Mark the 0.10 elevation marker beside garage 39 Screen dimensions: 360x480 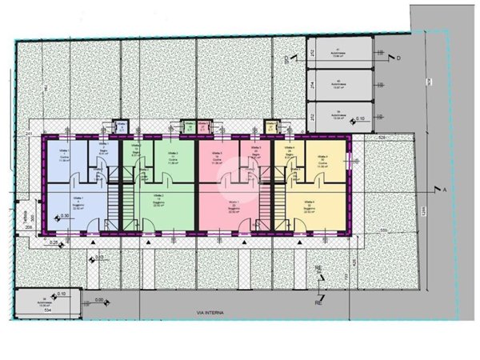point(360,119)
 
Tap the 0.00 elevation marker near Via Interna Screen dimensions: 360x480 point(99,300)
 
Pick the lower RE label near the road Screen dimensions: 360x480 point(318,303)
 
